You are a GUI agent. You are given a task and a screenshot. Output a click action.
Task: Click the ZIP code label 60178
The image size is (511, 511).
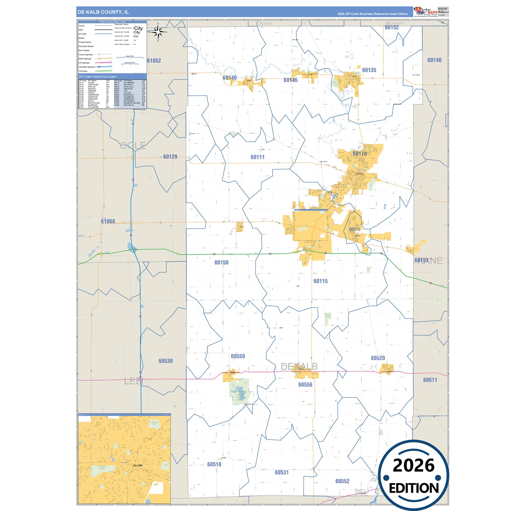[x=360, y=154]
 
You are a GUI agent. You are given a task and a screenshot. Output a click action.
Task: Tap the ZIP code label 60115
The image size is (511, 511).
[x=320, y=281]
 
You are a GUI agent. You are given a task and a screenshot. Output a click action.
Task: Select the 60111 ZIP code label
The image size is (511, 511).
[x=257, y=157]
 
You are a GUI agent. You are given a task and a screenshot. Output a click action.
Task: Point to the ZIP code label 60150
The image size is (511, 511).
[x=221, y=262]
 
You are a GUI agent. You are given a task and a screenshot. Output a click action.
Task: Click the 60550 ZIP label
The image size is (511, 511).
[x=238, y=356]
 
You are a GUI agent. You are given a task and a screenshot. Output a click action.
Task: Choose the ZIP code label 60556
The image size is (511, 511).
[x=305, y=385]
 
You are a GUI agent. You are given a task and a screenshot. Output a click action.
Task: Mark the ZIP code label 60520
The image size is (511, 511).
[x=378, y=358]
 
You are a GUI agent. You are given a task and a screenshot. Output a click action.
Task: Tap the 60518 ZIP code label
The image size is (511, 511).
[x=214, y=464]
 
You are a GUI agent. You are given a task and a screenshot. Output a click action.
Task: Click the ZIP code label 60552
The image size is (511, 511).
[x=342, y=481]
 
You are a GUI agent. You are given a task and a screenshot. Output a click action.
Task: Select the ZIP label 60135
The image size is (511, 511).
[x=369, y=70]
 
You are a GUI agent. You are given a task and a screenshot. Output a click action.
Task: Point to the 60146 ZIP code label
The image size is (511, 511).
[x=230, y=78]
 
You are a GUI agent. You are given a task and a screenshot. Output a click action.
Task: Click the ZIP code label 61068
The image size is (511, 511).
[x=108, y=221]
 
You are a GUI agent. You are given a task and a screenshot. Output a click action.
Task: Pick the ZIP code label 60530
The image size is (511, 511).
[x=166, y=361]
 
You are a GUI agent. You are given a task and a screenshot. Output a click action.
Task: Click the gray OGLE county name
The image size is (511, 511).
[x=133, y=145]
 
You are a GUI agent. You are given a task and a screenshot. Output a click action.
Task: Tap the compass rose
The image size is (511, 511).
[x=158, y=33]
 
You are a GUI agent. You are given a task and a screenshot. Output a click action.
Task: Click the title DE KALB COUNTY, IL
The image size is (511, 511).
[x=103, y=12]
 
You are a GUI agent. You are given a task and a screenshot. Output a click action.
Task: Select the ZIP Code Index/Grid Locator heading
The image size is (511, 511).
[x=98, y=76]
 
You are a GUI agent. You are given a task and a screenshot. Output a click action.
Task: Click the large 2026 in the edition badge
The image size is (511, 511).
[x=413, y=465]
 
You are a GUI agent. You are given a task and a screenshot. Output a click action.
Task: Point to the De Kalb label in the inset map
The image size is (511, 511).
[x=138, y=465]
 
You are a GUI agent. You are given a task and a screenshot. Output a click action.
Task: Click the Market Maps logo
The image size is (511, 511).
[x=425, y=12]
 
